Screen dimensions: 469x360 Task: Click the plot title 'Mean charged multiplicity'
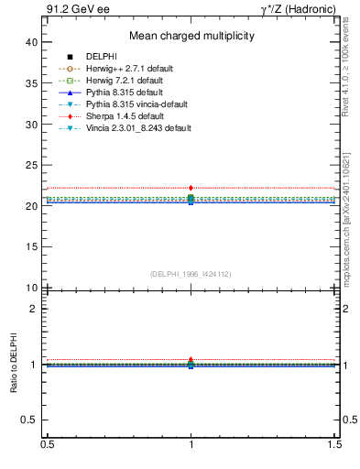191,37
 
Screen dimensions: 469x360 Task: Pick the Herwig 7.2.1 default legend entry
127,81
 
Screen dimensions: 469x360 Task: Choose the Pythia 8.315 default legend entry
125,93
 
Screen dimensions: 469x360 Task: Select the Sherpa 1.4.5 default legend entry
125,116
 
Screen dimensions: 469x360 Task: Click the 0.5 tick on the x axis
47,443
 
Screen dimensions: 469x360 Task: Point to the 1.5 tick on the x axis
335,443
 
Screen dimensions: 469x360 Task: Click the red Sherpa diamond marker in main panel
191,188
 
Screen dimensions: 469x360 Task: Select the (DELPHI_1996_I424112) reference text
191,274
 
